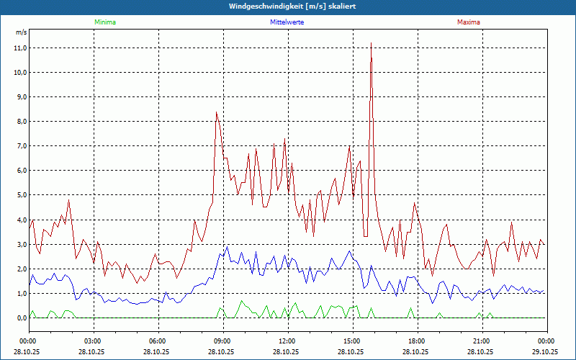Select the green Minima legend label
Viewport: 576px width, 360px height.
click(104, 22)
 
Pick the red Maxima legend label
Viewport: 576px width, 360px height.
click(469, 22)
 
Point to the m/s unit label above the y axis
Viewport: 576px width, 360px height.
click(21, 33)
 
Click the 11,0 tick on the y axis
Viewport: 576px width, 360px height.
click(20, 48)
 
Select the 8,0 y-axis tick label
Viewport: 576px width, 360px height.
click(20, 122)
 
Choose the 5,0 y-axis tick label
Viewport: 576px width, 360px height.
click(20, 195)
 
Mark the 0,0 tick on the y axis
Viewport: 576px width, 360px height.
click(20, 318)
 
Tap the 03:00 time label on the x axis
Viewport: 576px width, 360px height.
click(93, 341)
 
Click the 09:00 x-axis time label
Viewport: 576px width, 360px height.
click(222, 341)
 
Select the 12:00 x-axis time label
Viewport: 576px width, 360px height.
click(287, 341)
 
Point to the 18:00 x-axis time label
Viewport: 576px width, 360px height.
click(417, 341)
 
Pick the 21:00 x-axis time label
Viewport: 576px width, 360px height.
click(482, 341)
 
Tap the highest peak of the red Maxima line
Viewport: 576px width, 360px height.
click(371, 44)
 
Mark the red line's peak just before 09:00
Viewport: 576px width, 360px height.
click(216, 112)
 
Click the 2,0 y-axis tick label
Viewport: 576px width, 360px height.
click(20, 269)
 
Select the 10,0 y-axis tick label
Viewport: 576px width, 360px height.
click(20, 73)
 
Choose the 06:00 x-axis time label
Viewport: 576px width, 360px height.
click(158, 341)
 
